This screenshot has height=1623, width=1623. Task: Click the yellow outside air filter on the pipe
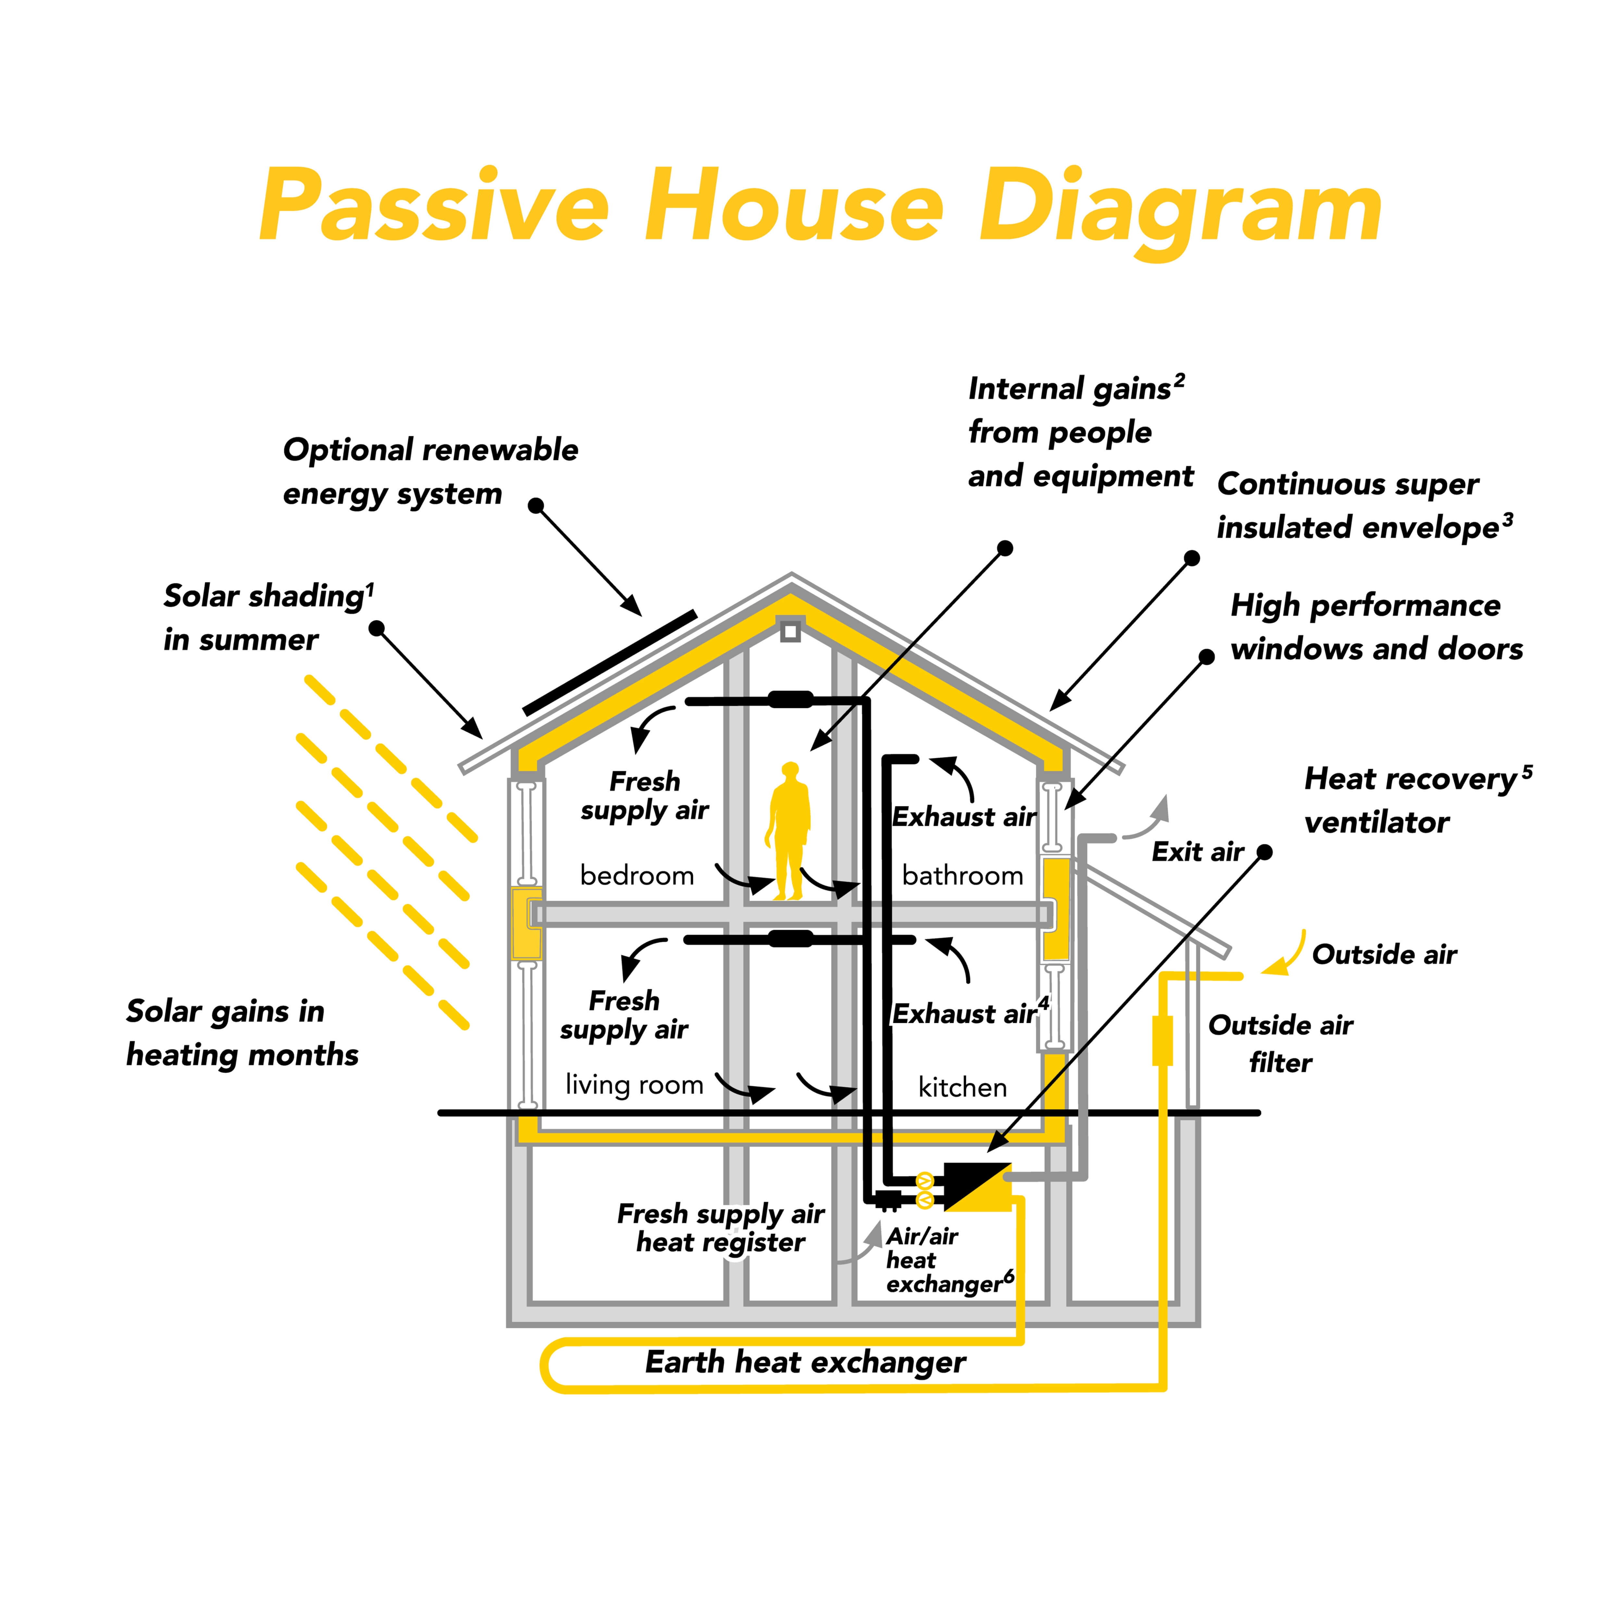[x=1162, y=1040]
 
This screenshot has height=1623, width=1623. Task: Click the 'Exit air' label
[x=1197, y=852]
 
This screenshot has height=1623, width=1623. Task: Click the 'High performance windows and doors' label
[x=1376, y=627]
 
